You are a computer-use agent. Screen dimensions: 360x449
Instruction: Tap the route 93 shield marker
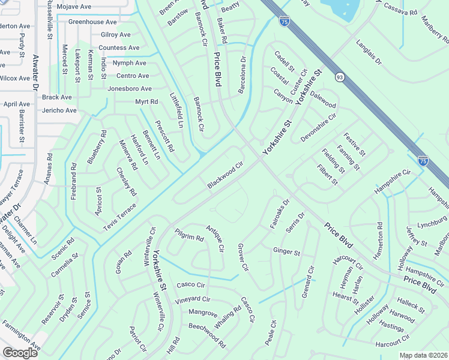point(340,77)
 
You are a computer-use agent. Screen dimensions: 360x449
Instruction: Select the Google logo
point(20,353)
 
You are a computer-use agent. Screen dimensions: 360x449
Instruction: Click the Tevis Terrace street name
point(119,216)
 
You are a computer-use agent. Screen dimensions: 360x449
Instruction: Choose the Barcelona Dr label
point(243,76)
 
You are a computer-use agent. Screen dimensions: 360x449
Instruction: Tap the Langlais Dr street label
point(369,53)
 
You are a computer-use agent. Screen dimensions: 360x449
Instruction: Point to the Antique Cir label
point(215,238)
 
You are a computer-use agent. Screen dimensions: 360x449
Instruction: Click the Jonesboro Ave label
point(129,89)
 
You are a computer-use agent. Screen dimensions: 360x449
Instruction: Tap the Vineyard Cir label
point(193,299)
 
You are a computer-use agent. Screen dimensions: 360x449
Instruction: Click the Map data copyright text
point(423,355)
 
